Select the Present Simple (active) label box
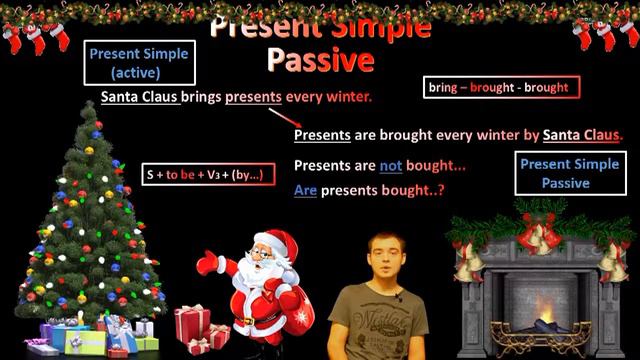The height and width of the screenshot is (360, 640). click(x=138, y=63)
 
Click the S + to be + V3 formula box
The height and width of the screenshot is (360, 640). click(x=202, y=174)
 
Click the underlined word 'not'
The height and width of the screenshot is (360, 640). click(x=390, y=165)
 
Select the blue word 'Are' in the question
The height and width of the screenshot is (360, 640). click(x=305, y=188)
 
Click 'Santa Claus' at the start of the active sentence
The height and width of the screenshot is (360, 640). click(x=140, y=98)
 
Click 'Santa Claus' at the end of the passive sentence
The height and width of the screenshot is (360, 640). click(x=581, y=135)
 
